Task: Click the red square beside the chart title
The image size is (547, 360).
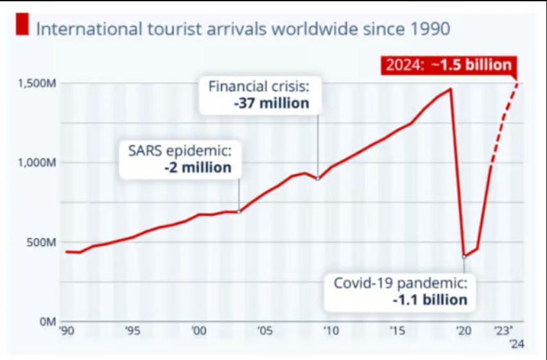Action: pos(23,27)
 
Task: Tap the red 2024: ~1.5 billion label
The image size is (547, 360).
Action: pos(447,65)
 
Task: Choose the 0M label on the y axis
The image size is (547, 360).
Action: pos(48,321)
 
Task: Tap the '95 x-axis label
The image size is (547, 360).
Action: pos(133,332)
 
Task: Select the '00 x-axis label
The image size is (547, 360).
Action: pos(199,332)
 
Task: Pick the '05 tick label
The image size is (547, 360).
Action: pos(265,332)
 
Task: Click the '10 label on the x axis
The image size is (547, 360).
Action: pos(331,332)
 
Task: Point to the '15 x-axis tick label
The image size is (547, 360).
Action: pos(397,332)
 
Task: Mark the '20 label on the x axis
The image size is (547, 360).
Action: pos(463,332)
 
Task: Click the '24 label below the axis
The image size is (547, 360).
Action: pos(517,345)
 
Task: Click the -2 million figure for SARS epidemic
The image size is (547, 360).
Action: pos(198,167)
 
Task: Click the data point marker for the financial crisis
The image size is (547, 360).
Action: pos(318,178)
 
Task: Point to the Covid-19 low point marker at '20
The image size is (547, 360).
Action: pos(464,257)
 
